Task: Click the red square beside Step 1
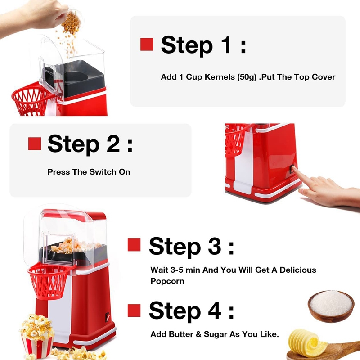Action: pos(147,44)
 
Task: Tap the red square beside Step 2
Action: pos(35,144)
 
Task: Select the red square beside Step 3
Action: pos(134,245)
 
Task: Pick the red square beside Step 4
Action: pos(134,310)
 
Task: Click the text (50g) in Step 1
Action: pos(247,77)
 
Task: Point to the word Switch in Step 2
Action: pos(103,172)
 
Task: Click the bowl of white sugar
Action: pos(331,306)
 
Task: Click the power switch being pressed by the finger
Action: pos(292,169)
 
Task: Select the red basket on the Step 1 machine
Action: pos(31,99)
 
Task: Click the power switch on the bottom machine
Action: pos(108,317)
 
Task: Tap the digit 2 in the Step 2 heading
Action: pos(113,144)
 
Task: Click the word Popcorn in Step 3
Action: pos(167,282)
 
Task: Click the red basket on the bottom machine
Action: pos(49,281)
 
